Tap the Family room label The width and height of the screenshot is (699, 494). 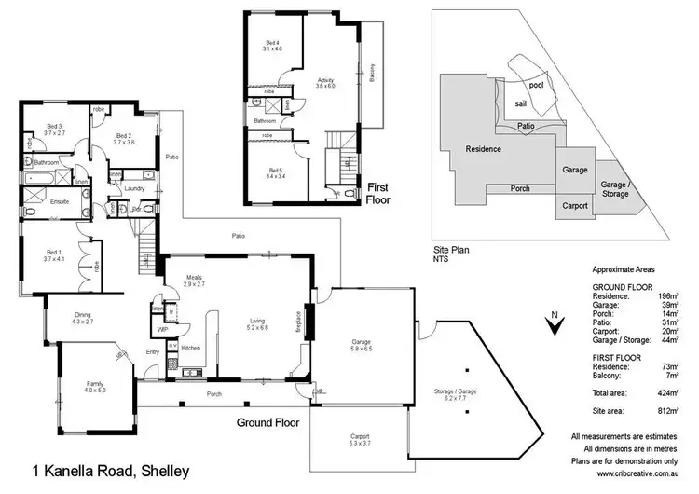point(95,384)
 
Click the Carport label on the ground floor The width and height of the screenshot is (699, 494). point(360,435)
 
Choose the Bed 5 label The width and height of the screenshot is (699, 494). point(274,171)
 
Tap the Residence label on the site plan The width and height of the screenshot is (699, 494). point(483,149)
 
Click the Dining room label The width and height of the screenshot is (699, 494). point(82,316)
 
